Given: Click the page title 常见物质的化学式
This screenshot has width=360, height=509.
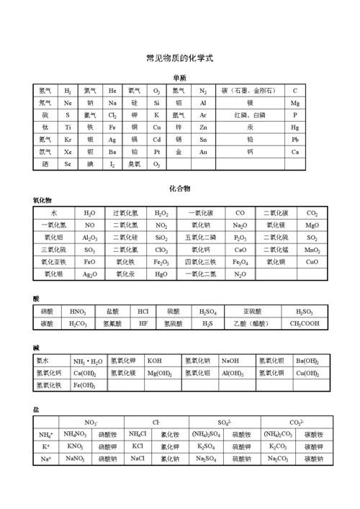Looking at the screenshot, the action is point(179,58).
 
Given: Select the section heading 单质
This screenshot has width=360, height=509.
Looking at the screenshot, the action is point(179,78).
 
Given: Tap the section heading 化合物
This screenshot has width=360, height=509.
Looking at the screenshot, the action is point(179,188).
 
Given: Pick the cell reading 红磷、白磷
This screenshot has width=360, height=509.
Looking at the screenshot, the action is point(248,115).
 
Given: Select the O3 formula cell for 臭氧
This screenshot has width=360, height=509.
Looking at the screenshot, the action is point(156,164).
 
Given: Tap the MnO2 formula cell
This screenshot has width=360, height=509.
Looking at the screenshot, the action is point(312,250).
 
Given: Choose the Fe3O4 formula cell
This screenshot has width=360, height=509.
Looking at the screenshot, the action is point(240,262).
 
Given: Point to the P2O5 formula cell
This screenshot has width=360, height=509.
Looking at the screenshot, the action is point(240,238).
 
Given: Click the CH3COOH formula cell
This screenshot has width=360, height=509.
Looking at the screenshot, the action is point(305,324).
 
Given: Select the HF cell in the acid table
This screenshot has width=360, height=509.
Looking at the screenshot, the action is point(143,324).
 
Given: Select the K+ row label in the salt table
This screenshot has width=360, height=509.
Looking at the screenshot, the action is point(46,446).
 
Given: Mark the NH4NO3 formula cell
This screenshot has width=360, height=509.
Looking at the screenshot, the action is point(75,434).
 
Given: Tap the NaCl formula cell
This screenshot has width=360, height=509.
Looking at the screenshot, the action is point(138,459).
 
